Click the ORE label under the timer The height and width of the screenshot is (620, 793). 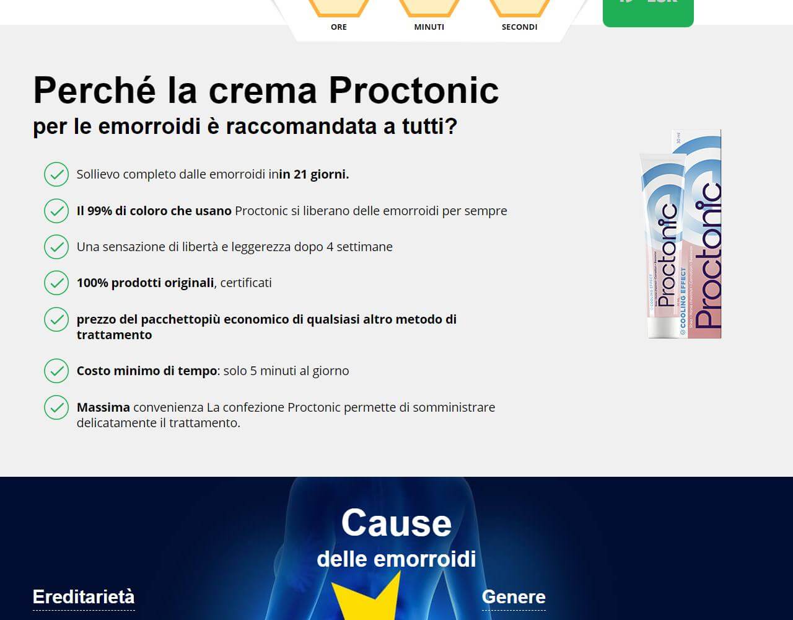click(339, 27)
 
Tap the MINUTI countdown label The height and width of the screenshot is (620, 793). click(429, 27)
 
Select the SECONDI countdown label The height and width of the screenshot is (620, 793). click(519, 27)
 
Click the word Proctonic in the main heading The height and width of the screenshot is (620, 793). click(413, 91)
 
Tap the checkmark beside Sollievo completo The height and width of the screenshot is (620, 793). click(56, 175)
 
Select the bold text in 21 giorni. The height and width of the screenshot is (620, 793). click(314, 175)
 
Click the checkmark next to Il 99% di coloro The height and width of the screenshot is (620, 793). click(56, 211)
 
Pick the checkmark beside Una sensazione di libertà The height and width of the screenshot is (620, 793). click(56, 247)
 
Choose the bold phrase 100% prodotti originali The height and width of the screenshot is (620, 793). click(145, 283)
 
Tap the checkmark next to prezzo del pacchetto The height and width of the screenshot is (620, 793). click(56, 319)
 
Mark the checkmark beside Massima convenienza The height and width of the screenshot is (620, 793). click(56, 407)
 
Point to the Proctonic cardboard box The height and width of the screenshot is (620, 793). click(703, 236)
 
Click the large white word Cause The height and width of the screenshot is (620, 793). click(396, 523)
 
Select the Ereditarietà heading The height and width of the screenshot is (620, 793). click(84, 597)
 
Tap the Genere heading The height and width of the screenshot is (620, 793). click(514, 597)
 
